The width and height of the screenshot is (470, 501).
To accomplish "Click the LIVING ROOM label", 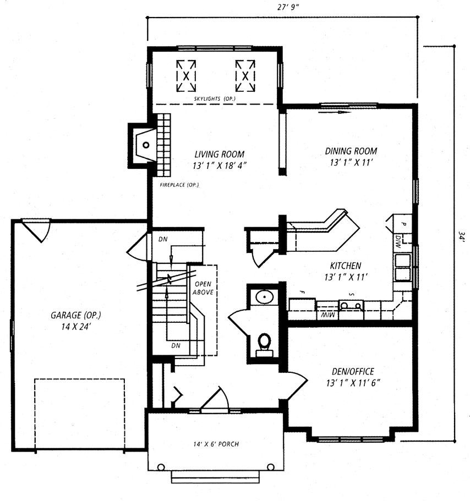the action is pos(220,155).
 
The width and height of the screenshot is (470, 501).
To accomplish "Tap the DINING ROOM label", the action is pos(351,151).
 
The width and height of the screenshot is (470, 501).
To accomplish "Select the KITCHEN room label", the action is pos(345,266).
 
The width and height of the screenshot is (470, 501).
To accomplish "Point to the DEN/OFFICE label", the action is pos(353,371).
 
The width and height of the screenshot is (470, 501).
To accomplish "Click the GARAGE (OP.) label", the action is pos(76,315).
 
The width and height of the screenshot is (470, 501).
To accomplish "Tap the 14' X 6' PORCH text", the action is pos(216,444).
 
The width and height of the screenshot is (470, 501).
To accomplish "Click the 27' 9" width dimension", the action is pos(287,7).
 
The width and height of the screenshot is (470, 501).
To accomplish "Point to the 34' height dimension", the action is pos(461,237).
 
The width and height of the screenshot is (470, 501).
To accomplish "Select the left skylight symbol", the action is pos(186,76).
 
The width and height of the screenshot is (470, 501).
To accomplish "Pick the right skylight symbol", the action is pos(245,76).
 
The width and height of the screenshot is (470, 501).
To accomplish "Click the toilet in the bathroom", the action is pos(264,345).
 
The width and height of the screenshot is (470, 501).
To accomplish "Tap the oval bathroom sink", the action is pos(265,297).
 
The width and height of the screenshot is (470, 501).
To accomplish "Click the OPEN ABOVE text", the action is pos(203,288).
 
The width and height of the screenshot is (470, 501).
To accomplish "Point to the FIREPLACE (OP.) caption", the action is pos(179,185).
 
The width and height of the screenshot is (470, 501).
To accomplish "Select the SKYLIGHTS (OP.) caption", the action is pos(215,99).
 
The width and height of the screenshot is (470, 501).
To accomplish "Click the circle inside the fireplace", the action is pos(146,145).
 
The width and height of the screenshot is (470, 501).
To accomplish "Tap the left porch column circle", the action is pos(161,467).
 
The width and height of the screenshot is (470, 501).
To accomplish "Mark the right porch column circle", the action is pos(270,467).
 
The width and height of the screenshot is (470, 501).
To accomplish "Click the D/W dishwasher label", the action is pos(398,242).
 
